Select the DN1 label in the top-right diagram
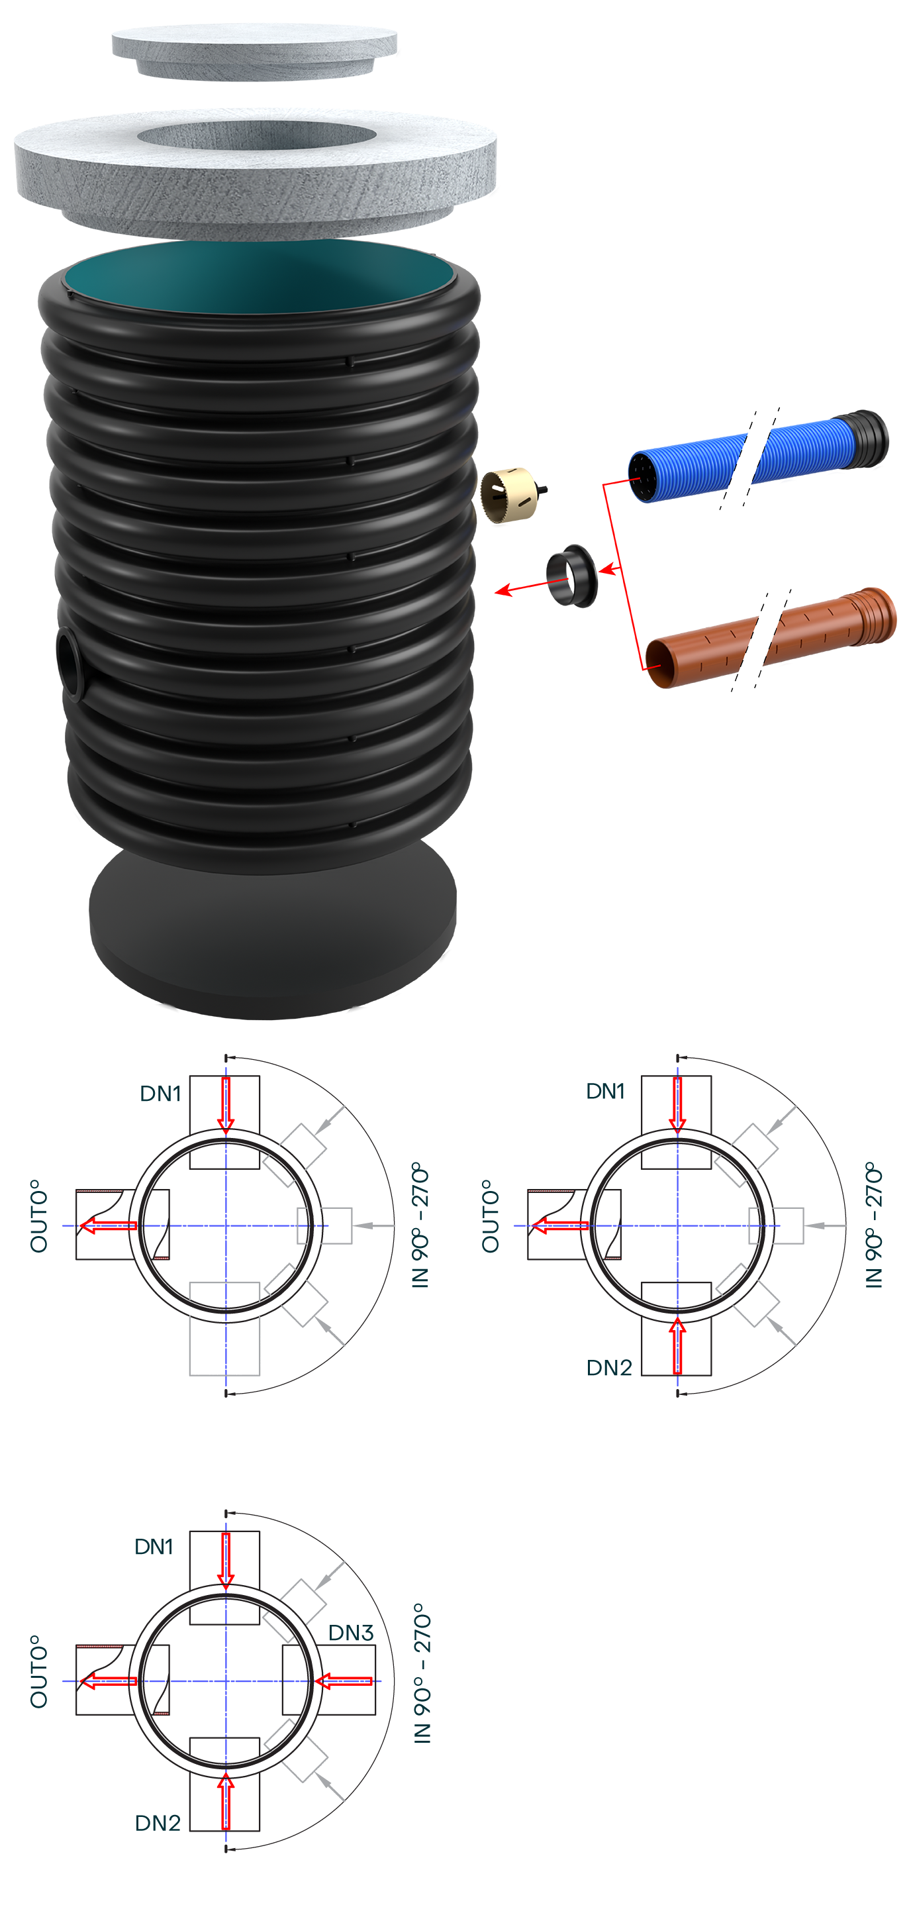pos(605,1091)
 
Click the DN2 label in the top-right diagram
pos(609,1368)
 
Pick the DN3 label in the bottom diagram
pos(350,1633)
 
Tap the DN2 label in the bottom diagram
pos(158,1823)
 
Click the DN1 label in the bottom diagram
pos(154,1547)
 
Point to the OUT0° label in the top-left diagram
pos(38,1215)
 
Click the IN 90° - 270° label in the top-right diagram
pos(874,1225)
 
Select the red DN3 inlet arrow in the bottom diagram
pos(343,1681)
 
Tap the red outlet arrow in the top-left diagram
pos(108,1225)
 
